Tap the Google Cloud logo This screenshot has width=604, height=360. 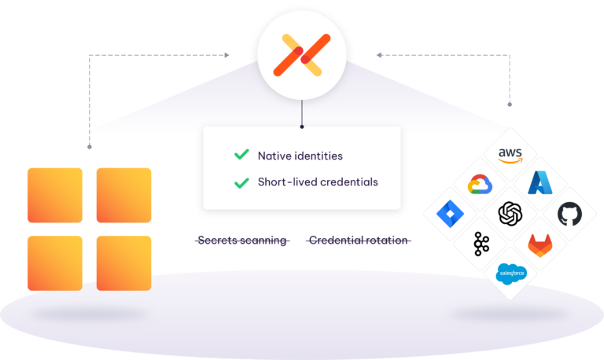click(x=481, y=184)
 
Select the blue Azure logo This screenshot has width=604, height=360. click(x=541, y=184)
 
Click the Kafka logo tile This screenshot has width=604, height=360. click(x=481, y=243)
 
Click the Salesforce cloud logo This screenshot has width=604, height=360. click(x=511, y=273)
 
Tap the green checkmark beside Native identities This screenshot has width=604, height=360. click(x=241, y=155)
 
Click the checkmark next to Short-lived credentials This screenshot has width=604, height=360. click(x=241, y=182)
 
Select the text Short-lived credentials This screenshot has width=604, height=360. click(x=318, y=182)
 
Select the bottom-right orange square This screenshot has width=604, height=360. click(x=123, y=263)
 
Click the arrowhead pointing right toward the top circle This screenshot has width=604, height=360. click(x=226, y=56)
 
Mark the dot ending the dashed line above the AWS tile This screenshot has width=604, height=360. click(x=510, y=103)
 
